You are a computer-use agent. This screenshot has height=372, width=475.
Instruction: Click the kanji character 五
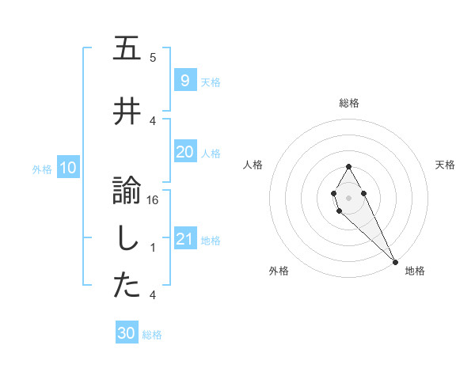pyautogui.click(x=127, y=49)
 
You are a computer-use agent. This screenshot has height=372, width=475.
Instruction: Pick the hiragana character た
pyautogui.click(x=127, y=287)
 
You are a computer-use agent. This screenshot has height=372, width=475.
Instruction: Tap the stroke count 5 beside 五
pyautogui.click(x=153, y=58)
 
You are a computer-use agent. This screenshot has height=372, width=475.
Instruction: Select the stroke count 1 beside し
pyautogui.click(x=153, y=248)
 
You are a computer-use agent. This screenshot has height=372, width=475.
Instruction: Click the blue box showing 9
pyautogui.click(x=184, y=81)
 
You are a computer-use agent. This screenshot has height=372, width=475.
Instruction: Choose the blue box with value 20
pyautogui.click(x=184, y=152)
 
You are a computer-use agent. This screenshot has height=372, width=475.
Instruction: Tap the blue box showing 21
pyautogui.click(x=184, y=239)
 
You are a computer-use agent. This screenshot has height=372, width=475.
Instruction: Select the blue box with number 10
pyautogui.click(x=67, y=168)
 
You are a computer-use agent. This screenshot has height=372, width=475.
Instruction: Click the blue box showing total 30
pyautogui.click(x=127, y=333)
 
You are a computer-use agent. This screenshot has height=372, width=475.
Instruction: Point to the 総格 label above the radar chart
pyautogui.click(x=349, y=103)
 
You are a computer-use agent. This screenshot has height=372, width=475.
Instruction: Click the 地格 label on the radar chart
pyautogui.click(x=415, y=271)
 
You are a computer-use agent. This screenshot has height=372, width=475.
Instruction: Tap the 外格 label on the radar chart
pyautogui.click(x=279, y=271)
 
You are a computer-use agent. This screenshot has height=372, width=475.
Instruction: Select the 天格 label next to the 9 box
pyautogui.click(x=210, y=82)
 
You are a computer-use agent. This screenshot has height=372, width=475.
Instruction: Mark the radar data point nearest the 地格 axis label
pyautogui.click(x=395, y=262)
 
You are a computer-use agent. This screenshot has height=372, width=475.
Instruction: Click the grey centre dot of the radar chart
pyautogui.click(x=348, y=195)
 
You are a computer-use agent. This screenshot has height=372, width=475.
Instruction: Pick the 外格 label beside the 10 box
pyautogui.click(x=41, y=169)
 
